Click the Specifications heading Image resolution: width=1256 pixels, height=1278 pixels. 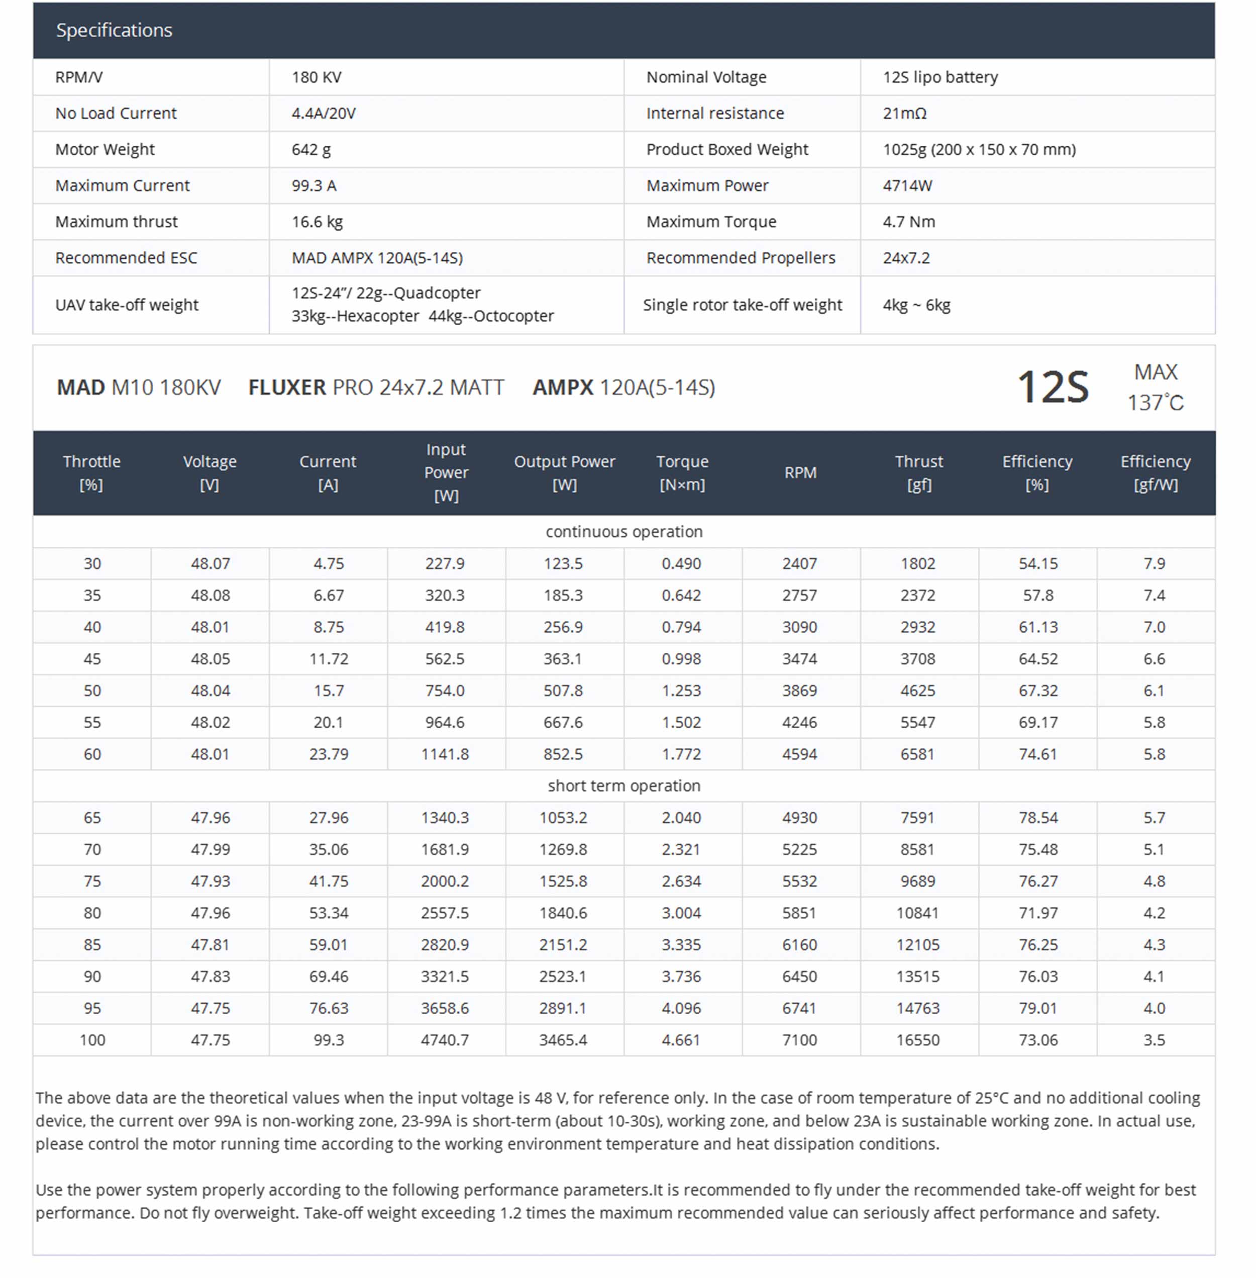[114, 30]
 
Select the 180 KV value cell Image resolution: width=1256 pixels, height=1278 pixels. [317, 77]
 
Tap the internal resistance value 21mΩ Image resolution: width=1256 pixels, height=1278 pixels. [904, 114]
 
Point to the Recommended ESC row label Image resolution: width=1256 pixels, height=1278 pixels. [126, 258]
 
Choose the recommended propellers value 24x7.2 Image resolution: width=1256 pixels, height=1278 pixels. [906, 258]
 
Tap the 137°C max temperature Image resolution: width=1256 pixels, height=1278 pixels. [1155, 403]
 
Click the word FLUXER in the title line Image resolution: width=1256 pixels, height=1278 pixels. [287, 387]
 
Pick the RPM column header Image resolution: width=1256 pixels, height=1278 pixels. [800, 472]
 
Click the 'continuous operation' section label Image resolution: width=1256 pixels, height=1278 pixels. [623, 532]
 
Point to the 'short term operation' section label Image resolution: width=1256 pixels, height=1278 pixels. [623, 786]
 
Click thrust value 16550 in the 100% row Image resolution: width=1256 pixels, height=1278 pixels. [917, 1040]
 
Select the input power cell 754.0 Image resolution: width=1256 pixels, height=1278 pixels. [445, 691]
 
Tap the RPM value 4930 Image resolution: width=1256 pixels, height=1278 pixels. [799, 818]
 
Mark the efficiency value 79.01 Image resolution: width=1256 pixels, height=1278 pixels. [1037, 1009]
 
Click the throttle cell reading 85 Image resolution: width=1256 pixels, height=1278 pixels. [92, 945]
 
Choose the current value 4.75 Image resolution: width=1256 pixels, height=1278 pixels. [329, 564]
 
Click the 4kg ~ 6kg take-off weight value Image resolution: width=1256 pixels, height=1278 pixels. [916, 306]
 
